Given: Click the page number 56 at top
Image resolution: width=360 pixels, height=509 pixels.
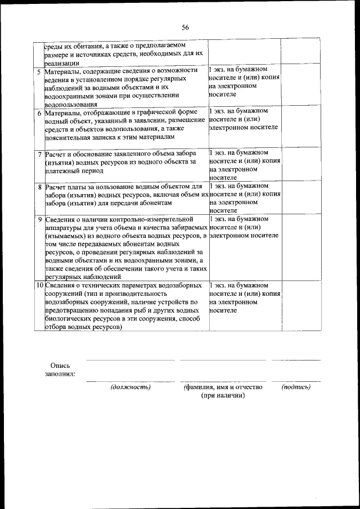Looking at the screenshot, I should (x=185, y=27).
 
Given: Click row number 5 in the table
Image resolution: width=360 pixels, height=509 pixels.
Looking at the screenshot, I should (x=39, y=72).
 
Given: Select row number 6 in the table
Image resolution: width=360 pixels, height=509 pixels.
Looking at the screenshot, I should (x=39, y=112).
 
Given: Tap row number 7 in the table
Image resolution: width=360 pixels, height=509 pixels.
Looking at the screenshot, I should (x=39, y=154).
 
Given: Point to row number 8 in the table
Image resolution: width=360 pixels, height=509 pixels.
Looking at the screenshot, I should (x=39, y=186).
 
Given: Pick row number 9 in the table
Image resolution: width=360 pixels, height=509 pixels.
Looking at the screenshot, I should (x=39, y=219).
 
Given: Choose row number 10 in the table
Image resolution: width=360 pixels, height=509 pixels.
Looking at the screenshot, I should (x=39, y=286).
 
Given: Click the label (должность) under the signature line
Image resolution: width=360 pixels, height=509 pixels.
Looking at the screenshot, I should (x=130, y=387).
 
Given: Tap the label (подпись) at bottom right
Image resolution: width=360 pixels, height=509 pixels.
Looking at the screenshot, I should (x=296, y=387).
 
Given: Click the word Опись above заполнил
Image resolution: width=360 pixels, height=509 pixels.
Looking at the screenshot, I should (x=60, y=365).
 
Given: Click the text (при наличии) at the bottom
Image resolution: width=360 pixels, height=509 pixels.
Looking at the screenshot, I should (x=223, y=395).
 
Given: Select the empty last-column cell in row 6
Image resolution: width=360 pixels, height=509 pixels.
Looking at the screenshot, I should (x=299, y=127).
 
